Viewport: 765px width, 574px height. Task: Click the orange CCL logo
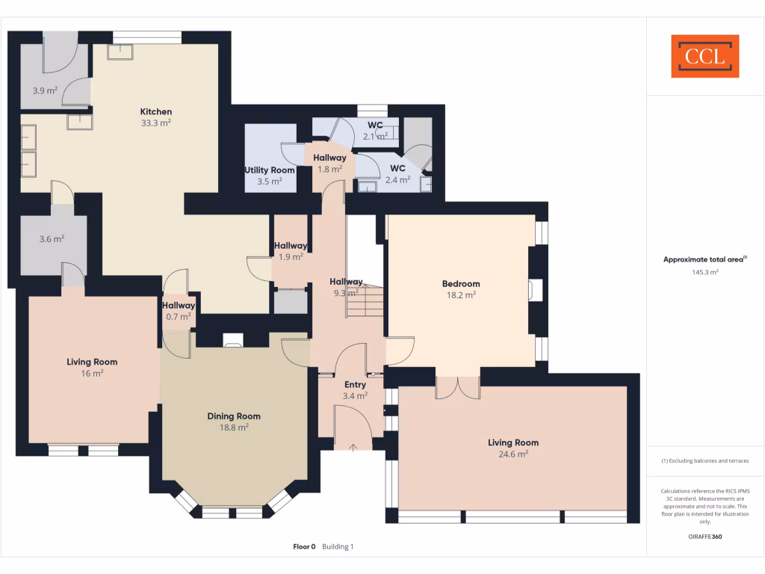point(704,56)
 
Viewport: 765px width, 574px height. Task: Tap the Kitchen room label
point(156,112)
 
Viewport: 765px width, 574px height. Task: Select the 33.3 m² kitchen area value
point(156,123)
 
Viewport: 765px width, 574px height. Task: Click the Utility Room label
point(270,170)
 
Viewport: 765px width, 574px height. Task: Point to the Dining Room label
point(234,416)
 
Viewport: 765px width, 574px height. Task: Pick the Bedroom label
point(461,284)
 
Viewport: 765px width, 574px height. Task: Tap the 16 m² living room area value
point(92,373)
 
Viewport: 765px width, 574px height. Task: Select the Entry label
point(355,385)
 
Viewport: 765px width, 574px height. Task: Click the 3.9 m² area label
point(45,90)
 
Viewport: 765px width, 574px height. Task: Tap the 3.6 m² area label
point(52,239)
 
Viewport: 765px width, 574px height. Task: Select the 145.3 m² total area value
point(705,273)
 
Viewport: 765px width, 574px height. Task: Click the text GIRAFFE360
point(705,537)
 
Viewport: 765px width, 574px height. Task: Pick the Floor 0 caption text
point(304,547)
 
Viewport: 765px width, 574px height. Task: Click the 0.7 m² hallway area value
point(179,316)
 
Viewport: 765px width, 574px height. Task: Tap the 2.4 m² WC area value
point(397,179)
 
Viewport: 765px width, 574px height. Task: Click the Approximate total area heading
point(704,259)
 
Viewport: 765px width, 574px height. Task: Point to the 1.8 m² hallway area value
point(329,169)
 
